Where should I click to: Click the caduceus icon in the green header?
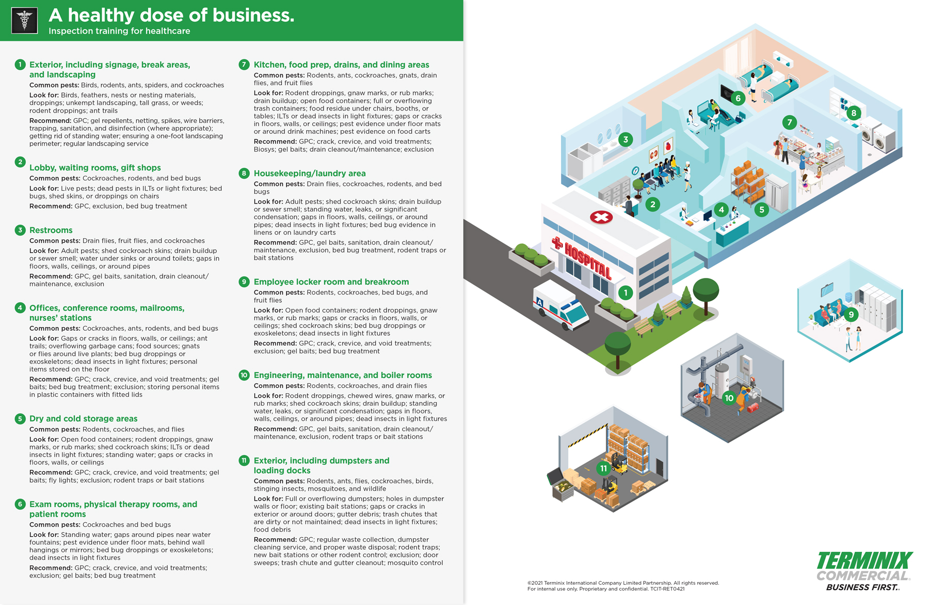[x=24, y=21]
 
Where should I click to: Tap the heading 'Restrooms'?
[x=51, y=230]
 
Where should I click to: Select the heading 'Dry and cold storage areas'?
[x=83, y=418]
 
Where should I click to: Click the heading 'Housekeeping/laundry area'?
[x=309, y=173]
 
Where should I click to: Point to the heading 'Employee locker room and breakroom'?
[x=331, y=282]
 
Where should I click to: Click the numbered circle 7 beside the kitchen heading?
[x=244, y=65]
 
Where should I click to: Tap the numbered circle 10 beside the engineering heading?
[x=244, y=375]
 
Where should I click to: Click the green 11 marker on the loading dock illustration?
[x=603, y=469]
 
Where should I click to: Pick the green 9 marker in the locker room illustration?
[x=851, y=314]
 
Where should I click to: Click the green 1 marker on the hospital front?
[x=626, y=293]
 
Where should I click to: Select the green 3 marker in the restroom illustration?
[x=626, y=139]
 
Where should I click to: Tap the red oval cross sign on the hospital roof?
[x=601, y=217]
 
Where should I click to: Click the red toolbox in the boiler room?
[x=753, y=408]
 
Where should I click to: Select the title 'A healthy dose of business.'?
[x=171, y=15]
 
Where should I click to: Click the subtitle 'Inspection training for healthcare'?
[x=119, y=31]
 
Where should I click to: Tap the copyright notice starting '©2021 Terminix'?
[x=623, y=583]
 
